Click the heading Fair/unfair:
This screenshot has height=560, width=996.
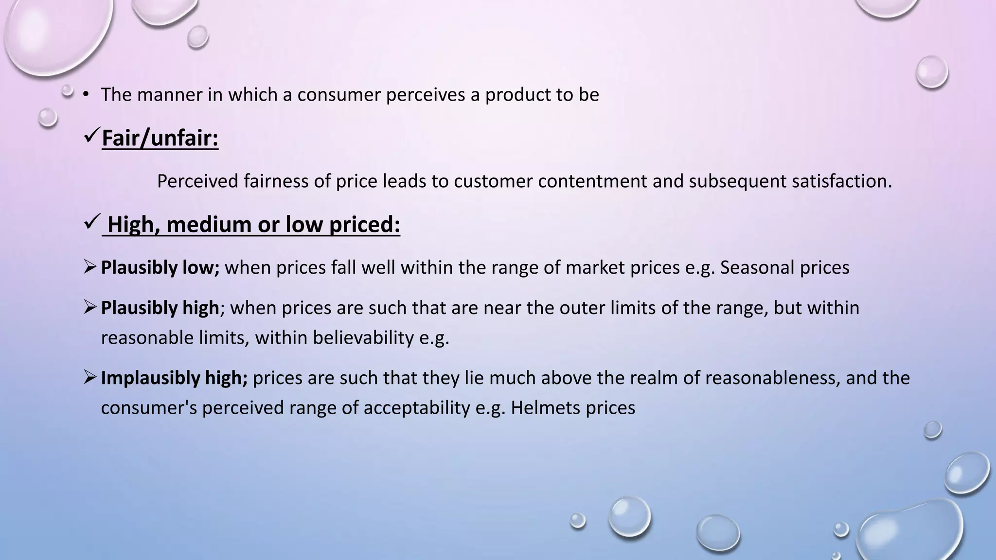click(160, 138)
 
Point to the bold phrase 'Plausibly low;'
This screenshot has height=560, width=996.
click(160, 268)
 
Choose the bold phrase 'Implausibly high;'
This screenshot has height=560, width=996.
click(174, 378)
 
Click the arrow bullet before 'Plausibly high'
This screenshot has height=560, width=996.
click(90, 307)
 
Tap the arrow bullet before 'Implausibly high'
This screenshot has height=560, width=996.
click(90, 377)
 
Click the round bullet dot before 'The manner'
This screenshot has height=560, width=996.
click(86, 94)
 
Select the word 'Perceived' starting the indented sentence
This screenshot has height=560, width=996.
click(197, 181)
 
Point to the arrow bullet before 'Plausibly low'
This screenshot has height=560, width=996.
click(90, 267)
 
